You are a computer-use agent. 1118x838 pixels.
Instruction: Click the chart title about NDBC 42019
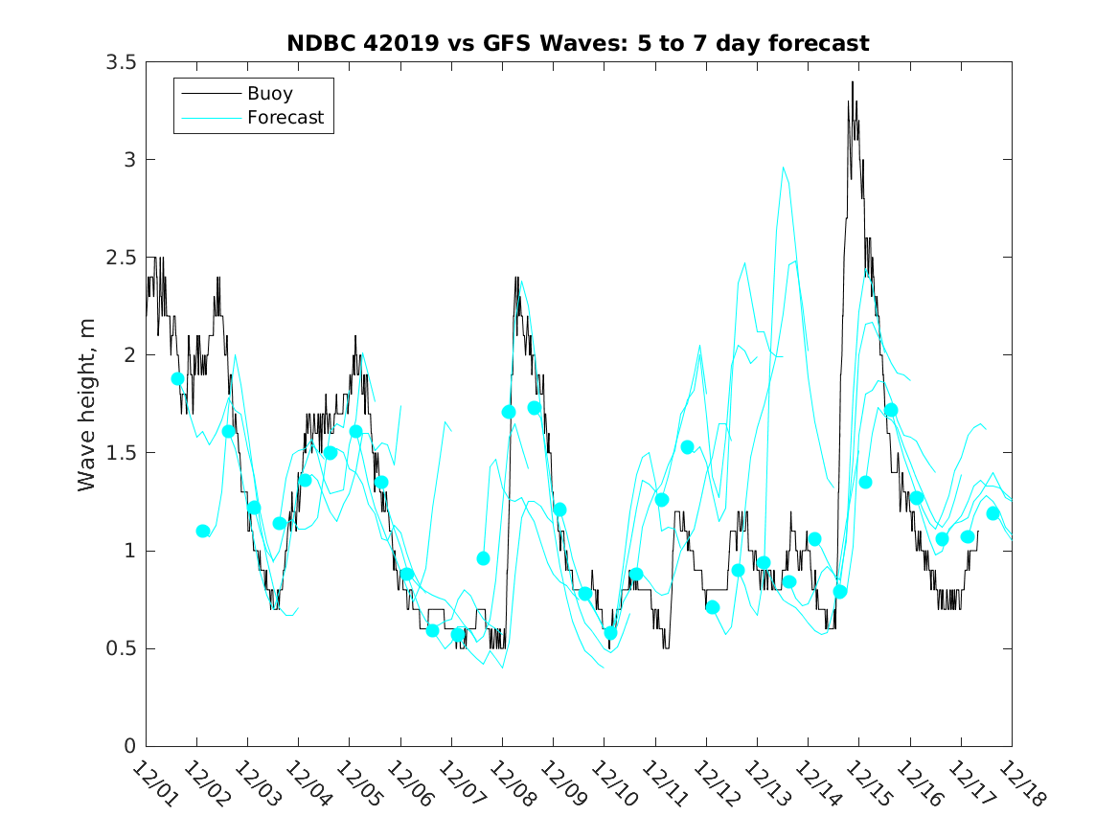578,43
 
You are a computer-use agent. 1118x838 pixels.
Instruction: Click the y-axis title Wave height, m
87,403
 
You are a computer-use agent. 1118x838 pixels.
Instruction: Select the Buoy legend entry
269,94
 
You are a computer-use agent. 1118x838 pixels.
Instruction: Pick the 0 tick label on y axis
128,746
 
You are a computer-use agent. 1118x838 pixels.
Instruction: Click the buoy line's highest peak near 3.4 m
852,82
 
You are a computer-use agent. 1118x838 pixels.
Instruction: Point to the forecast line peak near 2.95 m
783,169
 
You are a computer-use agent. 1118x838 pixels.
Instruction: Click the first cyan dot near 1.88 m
177,378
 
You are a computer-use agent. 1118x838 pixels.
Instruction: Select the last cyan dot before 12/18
993,513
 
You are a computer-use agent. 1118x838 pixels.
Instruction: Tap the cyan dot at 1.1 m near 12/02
202,531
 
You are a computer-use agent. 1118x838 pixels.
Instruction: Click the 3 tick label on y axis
128,160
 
